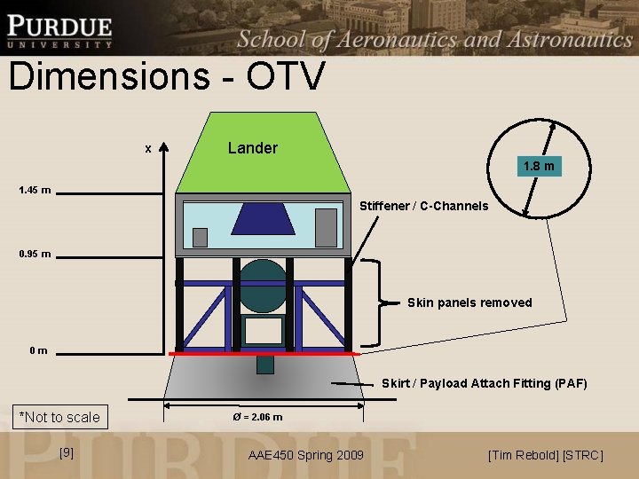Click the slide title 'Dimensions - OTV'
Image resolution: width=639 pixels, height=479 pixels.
[167, 77]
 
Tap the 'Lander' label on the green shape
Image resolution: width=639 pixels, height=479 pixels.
[252, 148]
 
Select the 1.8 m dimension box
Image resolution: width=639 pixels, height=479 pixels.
[539, 166]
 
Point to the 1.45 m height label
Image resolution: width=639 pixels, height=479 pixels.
[35, 190]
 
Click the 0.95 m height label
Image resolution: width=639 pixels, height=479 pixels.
[35, 255]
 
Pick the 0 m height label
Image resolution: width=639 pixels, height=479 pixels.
[38, 351]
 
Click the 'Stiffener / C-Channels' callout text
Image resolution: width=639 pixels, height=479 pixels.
[423, 206]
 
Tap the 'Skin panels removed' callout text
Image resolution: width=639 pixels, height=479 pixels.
[469, 302]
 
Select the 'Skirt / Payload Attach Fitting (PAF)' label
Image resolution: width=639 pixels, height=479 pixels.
[484, 383]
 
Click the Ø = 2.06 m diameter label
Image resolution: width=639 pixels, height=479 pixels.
[257, 416]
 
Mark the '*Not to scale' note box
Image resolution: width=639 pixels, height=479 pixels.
[59, 417]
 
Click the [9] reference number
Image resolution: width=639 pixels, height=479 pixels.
[66, 453]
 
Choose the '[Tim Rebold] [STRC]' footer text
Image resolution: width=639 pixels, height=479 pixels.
[545, 455]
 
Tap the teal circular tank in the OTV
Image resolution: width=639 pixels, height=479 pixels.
[264, 283]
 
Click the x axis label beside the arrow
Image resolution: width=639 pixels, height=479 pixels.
[148, 148]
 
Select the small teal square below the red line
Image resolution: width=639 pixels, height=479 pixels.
[264, 364]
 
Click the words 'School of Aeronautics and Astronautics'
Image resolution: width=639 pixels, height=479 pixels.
[435, 38]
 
